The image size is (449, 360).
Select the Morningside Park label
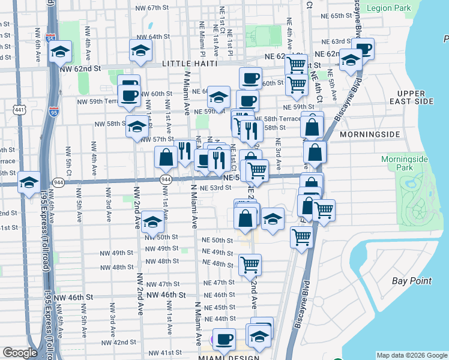click(405, 164)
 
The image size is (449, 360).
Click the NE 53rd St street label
click(215, 188)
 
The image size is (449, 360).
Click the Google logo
click(20, 353)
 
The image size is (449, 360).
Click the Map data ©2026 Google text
click(412, 355)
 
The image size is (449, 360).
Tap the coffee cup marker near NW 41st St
click(224, 338)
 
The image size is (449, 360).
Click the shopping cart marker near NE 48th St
click(250, 263)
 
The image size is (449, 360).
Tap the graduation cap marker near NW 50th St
click(153, 223)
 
